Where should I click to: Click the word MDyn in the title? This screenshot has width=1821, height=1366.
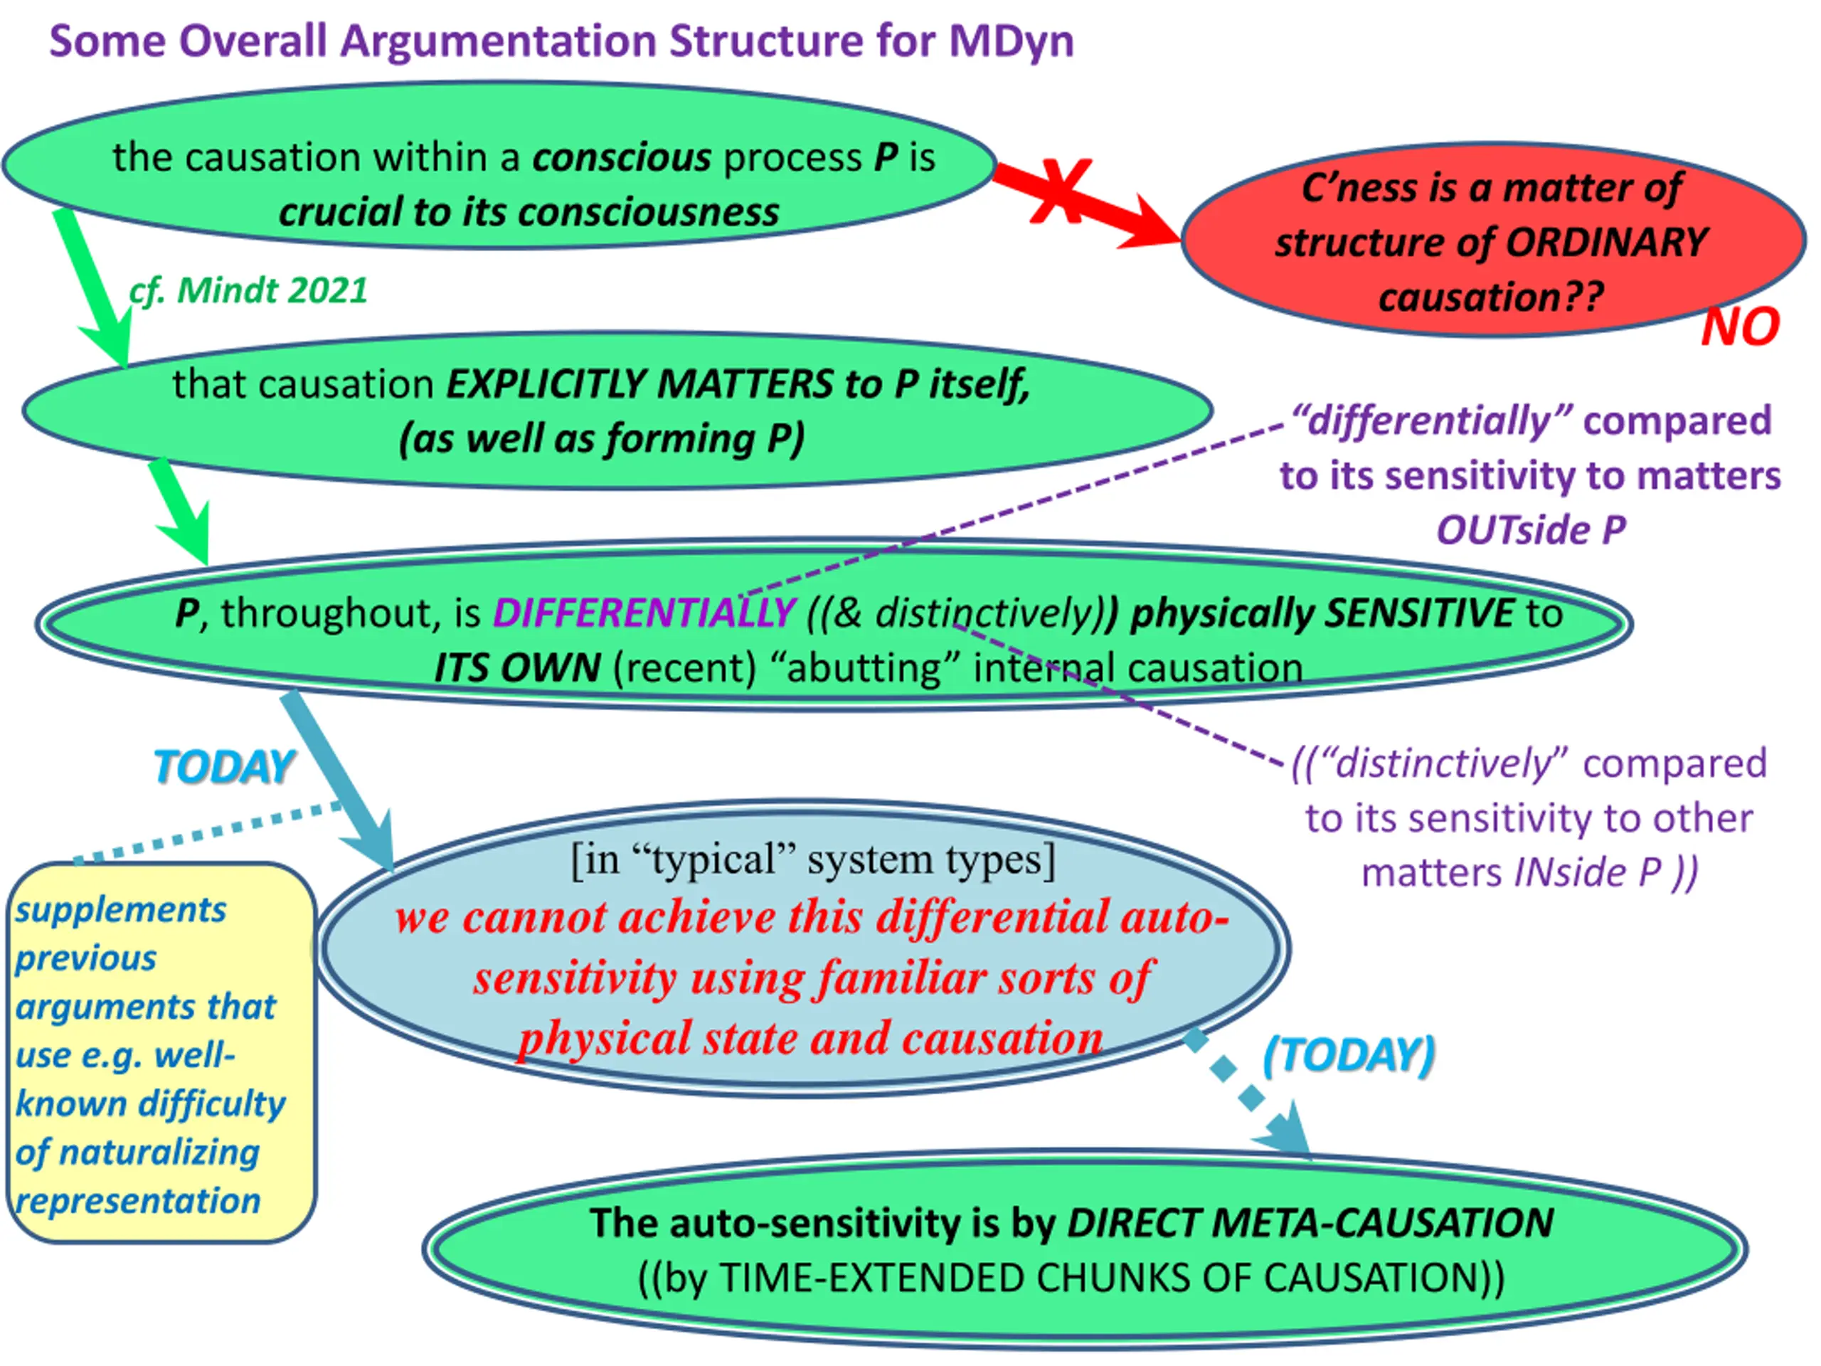tap(1011, 41)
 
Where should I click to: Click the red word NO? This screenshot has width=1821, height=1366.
tap(1739, 328)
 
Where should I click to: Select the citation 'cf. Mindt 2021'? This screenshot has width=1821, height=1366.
tap(248, 291)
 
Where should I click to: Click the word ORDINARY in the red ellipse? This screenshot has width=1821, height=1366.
tap(1607, 242)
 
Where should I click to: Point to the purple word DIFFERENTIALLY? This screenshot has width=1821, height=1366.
tap(643, 613)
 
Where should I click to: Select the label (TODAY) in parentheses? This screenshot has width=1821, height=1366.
tap(1349, 1055)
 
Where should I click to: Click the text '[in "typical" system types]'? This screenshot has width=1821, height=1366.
tap(812, 859)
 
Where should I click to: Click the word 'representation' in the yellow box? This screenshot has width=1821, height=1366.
tap(137, 1202)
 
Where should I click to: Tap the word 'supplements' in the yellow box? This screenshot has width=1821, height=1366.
tap(120, 910)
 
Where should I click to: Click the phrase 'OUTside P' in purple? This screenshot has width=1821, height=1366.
tap(1530, 530)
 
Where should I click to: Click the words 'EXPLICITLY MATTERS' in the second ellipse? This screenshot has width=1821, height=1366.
tap(639, 384)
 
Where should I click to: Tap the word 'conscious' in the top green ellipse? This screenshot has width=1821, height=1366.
tap(622, 157)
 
